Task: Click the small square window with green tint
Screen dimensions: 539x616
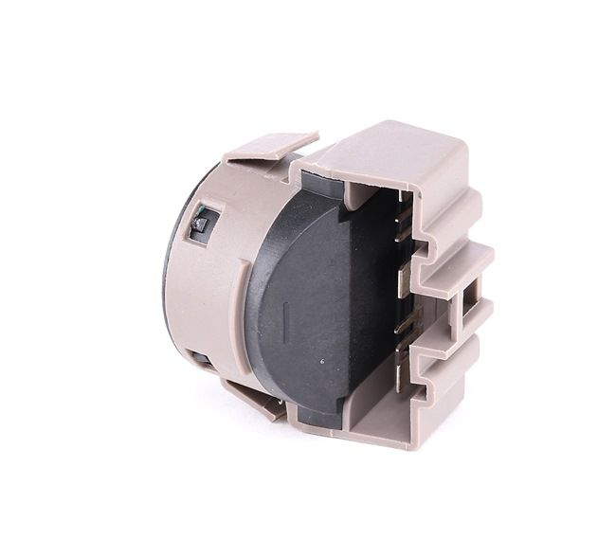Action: click(x=201, y=225)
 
